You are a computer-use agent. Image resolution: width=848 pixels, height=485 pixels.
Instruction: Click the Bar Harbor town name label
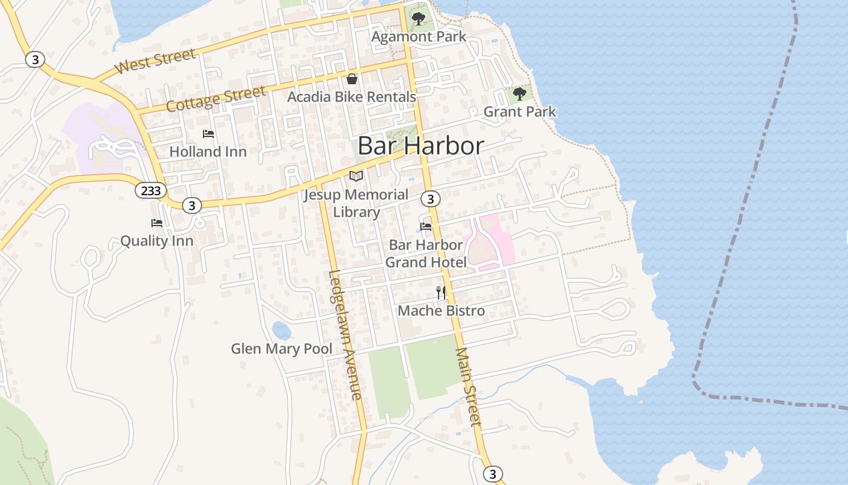[x=421, y=146]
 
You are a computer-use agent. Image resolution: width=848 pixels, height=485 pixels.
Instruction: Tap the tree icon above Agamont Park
[x=418, y=19]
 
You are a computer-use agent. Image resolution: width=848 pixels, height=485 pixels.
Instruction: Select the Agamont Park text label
[x=419, y=36]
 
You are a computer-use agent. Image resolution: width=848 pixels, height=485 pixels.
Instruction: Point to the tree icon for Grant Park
[x=519, y=94]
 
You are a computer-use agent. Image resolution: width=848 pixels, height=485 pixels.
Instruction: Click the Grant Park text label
[x=519, y=112]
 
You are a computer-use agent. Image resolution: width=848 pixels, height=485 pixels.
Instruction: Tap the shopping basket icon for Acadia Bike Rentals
[x=351, y=79]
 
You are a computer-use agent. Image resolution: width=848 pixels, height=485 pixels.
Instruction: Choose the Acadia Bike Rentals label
[x=351, y=96]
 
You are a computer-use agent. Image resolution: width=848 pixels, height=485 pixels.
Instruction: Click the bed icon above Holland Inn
[x=208, y=134]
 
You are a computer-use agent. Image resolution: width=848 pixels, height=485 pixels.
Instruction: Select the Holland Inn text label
[x=208, y=152]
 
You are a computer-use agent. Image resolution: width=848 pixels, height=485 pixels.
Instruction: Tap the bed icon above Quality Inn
[x=157, y=223]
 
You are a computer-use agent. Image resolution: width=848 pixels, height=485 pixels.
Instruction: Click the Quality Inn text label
[x=157, y=241]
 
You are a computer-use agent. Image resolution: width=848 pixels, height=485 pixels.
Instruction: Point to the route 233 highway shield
[x=150, y=191]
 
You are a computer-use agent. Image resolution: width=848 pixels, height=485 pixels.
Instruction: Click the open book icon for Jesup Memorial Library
[x=356, y=176]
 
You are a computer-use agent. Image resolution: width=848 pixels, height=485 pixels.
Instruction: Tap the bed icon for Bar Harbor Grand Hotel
[x=426, y=227]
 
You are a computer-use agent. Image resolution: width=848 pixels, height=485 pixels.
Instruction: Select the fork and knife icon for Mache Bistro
[x=441, y=293]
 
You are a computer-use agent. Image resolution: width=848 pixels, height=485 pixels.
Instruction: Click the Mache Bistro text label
[x=441, y=311]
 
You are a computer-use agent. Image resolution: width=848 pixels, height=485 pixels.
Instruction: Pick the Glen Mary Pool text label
[x=282, y=349]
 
